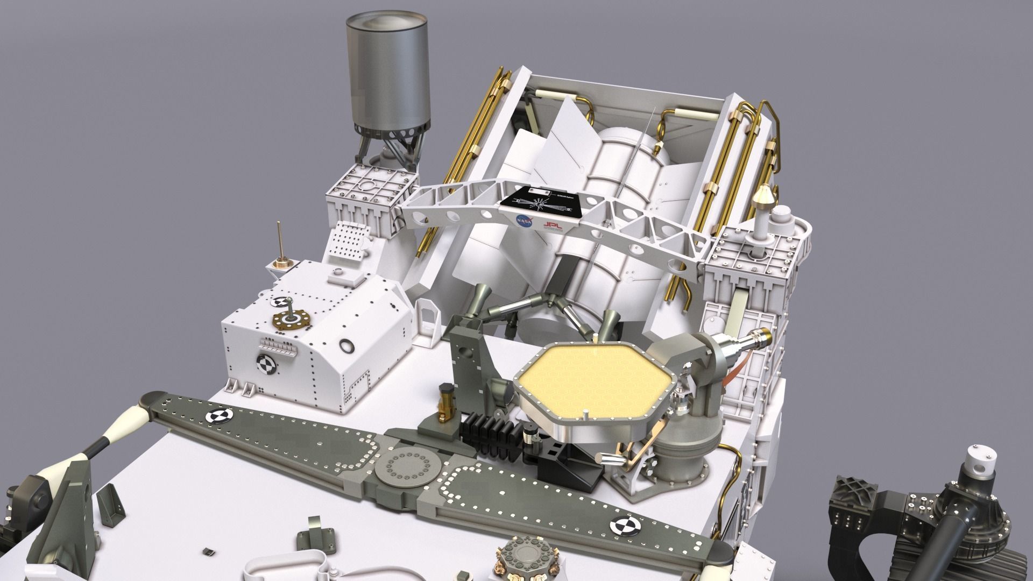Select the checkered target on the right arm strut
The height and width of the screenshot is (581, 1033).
(625, 525)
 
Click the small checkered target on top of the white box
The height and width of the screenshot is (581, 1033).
(280, 302)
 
